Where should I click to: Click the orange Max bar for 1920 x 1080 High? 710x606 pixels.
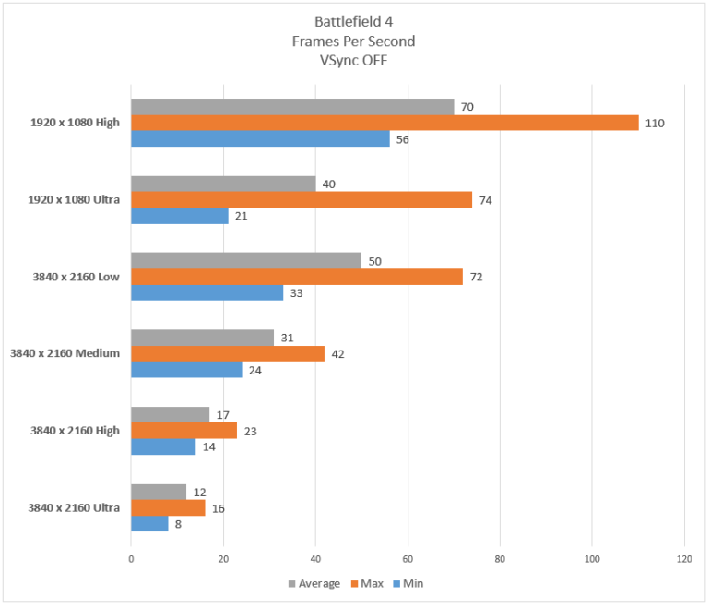(385, 123)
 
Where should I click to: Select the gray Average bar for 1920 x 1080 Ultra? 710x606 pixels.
(223, 184)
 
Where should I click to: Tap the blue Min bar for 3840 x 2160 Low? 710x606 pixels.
(207, 292)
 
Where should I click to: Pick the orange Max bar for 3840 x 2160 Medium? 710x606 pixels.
(228, 353)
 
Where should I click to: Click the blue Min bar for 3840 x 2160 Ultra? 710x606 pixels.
(149, 524)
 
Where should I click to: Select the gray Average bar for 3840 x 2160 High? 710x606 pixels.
(170, 415)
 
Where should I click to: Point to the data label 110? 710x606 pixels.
(656, 123)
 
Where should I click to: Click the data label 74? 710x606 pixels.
(484, 200)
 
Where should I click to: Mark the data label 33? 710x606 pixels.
(295, 292)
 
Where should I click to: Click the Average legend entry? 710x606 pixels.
(314, 583)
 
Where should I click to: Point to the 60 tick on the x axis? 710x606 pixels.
(408, 558)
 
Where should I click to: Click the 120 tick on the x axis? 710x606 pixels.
(683, 558)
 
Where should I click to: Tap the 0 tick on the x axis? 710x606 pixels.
(131, 558)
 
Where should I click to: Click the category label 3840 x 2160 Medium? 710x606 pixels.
(65, 353)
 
